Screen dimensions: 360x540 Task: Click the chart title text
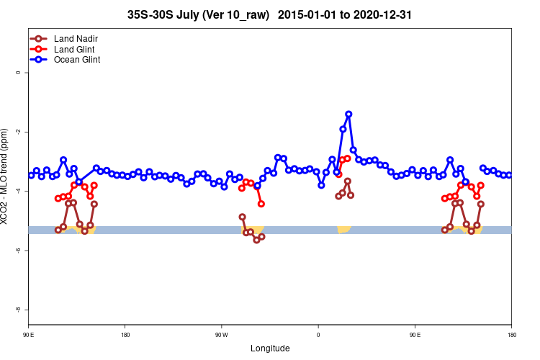click(x=269, y=14)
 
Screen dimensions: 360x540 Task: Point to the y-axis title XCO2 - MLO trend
click(x=6, y=176)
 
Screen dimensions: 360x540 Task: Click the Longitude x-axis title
click(x=270, y=348)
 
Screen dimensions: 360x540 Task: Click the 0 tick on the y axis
click(x=18, y=73)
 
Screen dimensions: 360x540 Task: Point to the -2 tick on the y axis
click(x=18, y=132)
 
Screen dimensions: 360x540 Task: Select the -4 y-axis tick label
click(x=18, y=191)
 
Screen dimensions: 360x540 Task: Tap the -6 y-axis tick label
click(x=18, y=250)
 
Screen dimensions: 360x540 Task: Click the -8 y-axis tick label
click(x=18, y=309)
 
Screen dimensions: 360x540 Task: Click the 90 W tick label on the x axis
click(x=221, y=335)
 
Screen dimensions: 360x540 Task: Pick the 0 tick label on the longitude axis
click(x=318, y=335)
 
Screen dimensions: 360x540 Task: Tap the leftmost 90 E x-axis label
click(x=28, y=335)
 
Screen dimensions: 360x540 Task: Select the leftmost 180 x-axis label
click(x=125, y=335)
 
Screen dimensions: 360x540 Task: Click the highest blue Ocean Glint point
click(x=348, y=114)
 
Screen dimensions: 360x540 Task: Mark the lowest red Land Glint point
click(x=261, y=204)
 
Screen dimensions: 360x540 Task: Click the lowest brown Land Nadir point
click(x=256, y=240)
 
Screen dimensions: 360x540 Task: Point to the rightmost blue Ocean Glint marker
click(x=509, y=175)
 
